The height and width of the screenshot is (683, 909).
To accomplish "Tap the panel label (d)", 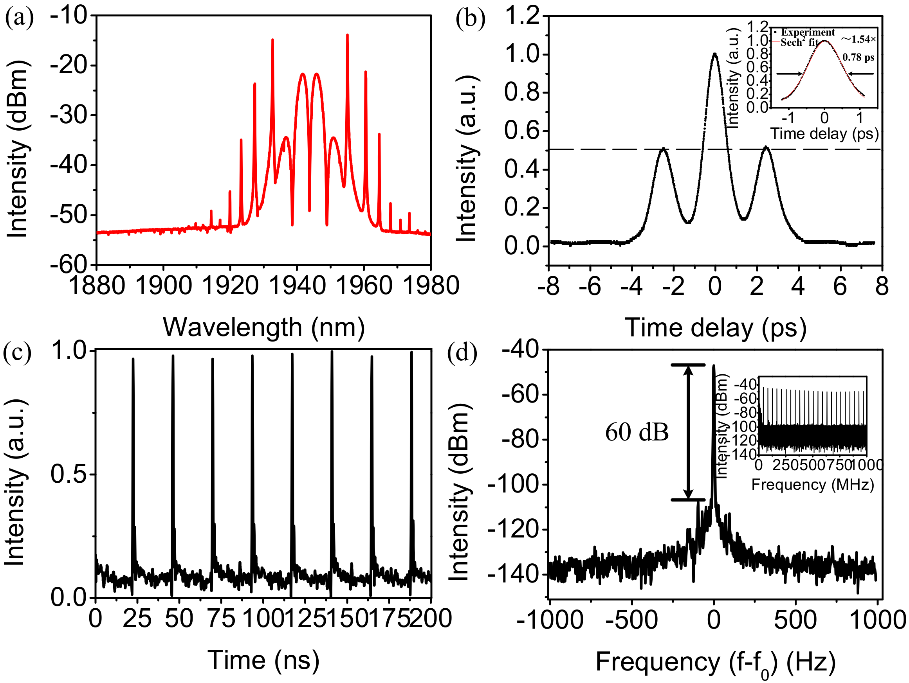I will (462, 352).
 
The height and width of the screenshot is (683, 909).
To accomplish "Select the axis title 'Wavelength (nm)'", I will (264, 328).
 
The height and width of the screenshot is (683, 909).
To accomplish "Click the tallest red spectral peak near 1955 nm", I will (347, 37).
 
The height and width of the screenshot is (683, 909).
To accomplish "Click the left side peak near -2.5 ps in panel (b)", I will (663, 150).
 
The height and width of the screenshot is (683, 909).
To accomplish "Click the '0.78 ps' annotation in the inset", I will (858, 58).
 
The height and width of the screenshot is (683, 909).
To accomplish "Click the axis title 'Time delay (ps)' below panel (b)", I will (716, 329).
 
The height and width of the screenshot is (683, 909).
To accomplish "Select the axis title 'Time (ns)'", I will (263, 660).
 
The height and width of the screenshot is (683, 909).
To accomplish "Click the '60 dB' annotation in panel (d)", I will (637, 433).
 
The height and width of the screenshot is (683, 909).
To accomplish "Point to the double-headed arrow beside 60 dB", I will (688, 432).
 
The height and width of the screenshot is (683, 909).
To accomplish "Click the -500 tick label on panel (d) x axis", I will (631, 620).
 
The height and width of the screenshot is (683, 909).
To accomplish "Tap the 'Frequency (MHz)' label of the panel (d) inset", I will (812, 485).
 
